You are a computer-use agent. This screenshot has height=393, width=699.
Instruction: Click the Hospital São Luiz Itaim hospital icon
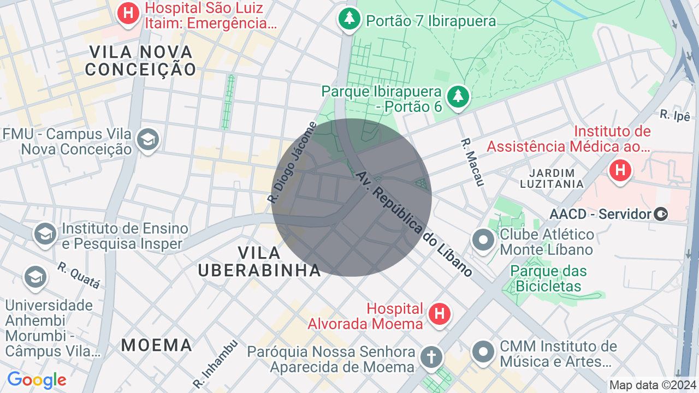128,13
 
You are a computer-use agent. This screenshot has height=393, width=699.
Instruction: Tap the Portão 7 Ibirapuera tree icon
348,20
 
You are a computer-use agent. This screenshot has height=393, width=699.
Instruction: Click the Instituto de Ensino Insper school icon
45,234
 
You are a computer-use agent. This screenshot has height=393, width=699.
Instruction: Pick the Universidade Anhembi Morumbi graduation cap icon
35,277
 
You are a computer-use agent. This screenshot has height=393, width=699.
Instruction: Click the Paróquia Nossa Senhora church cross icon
431,358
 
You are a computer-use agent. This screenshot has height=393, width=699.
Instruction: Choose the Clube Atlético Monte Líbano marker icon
483,241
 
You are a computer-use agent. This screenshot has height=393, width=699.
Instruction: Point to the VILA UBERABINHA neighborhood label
259,261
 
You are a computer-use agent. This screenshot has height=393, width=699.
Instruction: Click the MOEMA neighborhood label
157,345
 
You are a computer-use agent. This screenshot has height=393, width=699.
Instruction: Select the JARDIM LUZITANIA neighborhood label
552,178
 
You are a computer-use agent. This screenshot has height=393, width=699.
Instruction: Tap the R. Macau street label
472,162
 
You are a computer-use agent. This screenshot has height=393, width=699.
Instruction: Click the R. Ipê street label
675,115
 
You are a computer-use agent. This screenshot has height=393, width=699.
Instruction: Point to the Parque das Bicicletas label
548,278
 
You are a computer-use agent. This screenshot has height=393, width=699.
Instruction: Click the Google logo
37,380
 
